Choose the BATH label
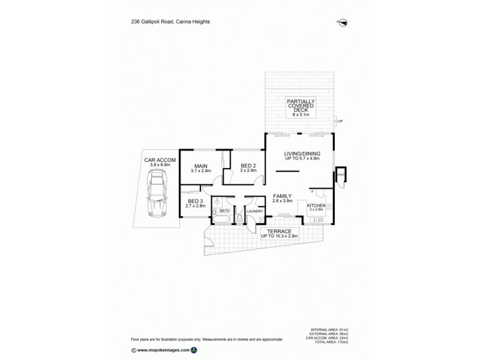click(224, 211)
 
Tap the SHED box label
click(340, 176)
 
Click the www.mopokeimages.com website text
click(163, 349)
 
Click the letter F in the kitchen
click(313, 191)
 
